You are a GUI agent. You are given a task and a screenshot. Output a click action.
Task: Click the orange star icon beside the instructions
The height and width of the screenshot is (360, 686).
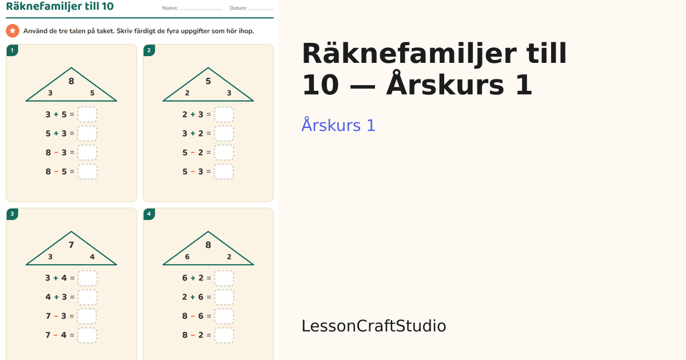13,31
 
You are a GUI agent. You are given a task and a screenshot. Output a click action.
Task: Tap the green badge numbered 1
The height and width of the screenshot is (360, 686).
12,50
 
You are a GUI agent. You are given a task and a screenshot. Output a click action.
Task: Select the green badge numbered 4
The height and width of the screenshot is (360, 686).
149,214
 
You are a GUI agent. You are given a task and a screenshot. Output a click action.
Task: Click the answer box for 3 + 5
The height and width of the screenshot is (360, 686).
87,114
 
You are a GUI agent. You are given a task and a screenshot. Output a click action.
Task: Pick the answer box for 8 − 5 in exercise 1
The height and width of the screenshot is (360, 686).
87,171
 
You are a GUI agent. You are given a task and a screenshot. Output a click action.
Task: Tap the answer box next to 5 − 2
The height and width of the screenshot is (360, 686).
224,153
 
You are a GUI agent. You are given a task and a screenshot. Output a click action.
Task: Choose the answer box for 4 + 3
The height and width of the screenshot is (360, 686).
87,297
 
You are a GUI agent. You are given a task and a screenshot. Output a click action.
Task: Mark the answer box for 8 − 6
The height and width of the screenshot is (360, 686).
224,316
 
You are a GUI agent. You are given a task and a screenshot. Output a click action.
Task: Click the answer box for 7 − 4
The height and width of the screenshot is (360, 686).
87,335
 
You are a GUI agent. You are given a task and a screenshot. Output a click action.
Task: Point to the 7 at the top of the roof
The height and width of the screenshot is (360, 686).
71,245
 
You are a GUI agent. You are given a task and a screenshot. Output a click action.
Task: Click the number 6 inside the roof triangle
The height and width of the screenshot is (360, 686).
187,257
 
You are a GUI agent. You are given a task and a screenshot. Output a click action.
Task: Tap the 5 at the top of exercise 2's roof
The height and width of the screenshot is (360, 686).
208,81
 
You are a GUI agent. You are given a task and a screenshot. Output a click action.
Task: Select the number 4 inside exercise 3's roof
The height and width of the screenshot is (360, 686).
92,257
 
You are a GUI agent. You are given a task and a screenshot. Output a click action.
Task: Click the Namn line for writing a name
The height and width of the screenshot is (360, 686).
201,10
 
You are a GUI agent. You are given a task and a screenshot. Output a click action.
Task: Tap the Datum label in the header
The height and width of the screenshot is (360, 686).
238,8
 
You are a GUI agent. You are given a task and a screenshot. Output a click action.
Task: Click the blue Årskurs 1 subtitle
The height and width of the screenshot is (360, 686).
338,125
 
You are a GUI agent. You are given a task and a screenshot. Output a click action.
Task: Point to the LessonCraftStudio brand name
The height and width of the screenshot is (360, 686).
374,326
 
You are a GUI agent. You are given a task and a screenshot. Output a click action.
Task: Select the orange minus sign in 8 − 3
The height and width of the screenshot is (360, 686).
56,153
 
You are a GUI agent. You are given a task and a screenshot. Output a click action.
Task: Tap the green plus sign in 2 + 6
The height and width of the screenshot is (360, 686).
193,297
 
